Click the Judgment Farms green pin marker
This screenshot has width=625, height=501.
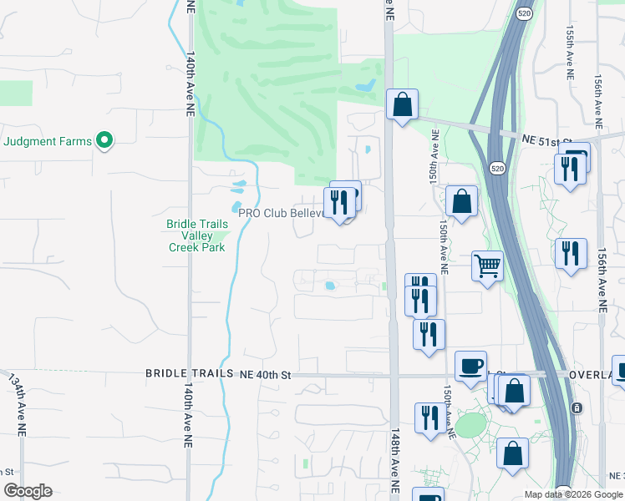(104, 141)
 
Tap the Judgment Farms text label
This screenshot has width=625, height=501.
(48, 141)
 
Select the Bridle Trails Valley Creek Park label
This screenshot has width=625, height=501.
(196, 235)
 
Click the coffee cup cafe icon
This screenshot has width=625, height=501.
(470, 366)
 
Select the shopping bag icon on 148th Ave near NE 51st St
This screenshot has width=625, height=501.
(402, 105)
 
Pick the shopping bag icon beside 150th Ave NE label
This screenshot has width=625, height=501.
(461, 201)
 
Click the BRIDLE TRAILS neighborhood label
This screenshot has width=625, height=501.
(187, 375)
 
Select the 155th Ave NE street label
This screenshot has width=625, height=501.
(570, 52)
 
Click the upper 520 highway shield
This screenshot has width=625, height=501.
(524, 14)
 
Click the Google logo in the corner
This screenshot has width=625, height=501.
(28, 491)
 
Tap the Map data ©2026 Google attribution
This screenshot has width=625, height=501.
(573, 494)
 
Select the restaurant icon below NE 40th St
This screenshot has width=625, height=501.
(430, 417)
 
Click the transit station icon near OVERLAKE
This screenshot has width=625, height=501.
(576, 408)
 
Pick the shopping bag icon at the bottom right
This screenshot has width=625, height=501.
(512, 453)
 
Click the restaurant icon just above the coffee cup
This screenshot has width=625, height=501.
(429, 334)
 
